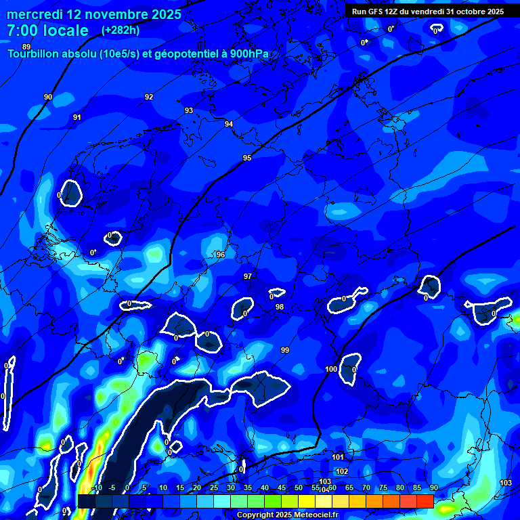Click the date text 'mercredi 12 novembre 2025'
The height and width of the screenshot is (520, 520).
click(93, 14)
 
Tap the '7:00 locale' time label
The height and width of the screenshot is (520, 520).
click(47, 30)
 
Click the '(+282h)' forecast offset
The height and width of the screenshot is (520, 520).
click(121, 30)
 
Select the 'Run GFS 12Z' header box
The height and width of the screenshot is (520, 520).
click(427, 12)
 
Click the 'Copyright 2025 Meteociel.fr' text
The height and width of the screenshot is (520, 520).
click(287, 515)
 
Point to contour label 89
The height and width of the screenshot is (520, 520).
click(26, 47)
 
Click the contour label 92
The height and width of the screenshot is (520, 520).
click(149, 97)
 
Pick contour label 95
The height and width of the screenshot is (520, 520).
click(247, 158)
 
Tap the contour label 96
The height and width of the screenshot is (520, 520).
click(220, 255)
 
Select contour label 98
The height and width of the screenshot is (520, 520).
click(280, 307)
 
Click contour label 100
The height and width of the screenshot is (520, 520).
click(331, 369)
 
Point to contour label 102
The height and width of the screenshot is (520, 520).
click(342, 471)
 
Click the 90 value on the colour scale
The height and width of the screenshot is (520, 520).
click(433, 488)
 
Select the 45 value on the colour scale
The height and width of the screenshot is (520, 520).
click(282, 488)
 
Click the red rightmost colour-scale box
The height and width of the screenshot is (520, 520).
click(425, 501)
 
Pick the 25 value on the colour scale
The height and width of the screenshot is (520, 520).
click(214, 488)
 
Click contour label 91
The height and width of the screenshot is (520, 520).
click(77, 118)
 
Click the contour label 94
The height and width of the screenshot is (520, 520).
click(229, 124)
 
